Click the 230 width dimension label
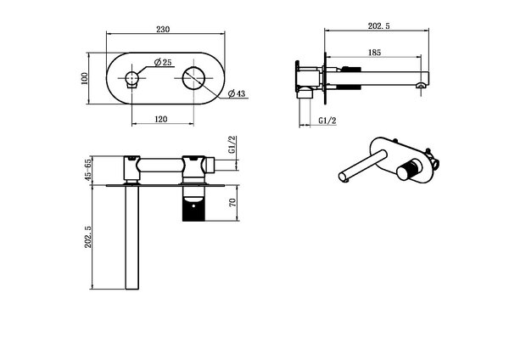tap(163, 29)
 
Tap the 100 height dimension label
tap(84, 78)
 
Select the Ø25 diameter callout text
tap(163, 62)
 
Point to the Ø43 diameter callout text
tap(237, 93)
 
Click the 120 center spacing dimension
tap(161, 119)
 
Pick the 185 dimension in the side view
tap(375, 53)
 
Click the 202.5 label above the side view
tap(379, 26)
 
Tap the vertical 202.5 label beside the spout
tap(88, 237)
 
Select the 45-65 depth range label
tap(88, 171)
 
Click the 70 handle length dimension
tap(232, 203)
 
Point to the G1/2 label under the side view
tap(327, 121)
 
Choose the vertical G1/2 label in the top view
tap(232, 145)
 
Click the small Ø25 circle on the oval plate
tap(132, 78)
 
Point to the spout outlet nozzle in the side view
tap(421, 86)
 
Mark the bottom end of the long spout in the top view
tap(132, 289)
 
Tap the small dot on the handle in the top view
tap(193, 205)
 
